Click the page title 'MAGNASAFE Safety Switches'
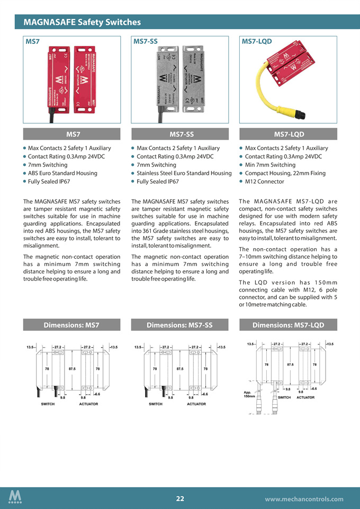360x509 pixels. coord(82,22)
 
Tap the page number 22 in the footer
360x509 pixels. coord(180,498)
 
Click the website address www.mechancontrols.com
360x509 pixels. coord(304,499)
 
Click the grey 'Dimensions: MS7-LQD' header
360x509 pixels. coord(288,325)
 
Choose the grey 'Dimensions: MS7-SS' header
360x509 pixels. coord(179,325)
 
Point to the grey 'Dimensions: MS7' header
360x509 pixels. coord(71,325)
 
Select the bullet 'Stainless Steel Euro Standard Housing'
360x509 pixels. coord(184,173)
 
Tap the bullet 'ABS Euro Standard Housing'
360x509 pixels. coord(62,173)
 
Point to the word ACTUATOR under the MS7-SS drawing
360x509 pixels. coord(196,404)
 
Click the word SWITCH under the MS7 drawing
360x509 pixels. coord(49,404)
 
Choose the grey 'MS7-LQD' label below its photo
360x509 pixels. coord(288,134)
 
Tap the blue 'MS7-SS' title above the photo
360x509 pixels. coord(145,41)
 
